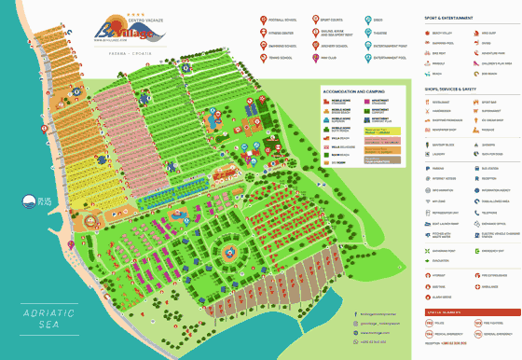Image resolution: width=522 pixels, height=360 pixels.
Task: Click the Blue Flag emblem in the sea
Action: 29,201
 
